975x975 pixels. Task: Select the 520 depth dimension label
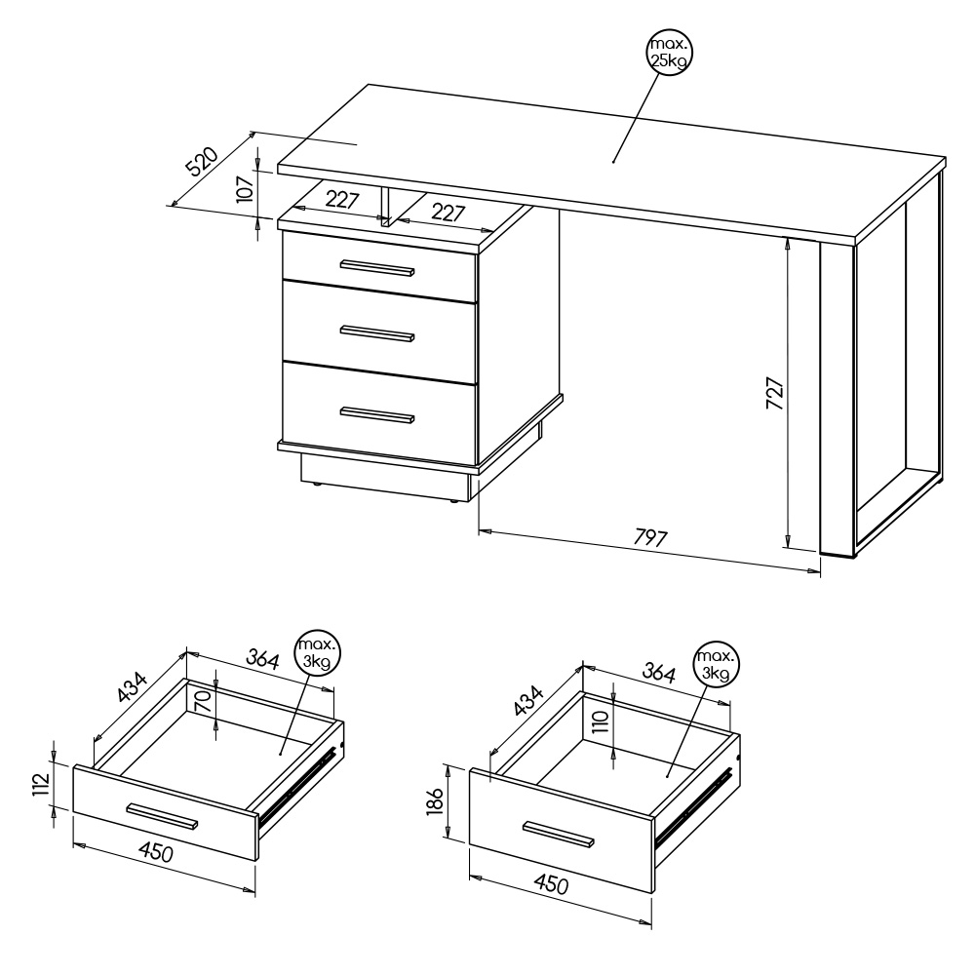click(202, 161)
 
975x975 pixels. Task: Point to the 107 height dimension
click(246, 188)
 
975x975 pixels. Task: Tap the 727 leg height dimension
click(774, 392)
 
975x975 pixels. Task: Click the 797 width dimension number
click(650, 536)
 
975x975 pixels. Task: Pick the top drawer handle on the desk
click(377, 267)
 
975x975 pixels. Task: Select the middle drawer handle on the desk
click(377, 332)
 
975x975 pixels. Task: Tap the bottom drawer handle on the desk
click(377, 414)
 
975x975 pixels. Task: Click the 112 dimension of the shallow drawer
click(41, 784)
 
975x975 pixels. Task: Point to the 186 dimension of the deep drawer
click(435, 800)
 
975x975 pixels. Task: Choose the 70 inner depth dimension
click(203, 703)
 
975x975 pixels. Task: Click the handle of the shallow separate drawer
click(162, 816)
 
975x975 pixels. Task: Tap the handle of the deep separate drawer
click(559, 835)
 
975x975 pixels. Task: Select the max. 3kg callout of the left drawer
click(318, 652)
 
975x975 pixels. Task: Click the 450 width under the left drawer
click(156, 852)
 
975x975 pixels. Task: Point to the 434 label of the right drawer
click(528, 701)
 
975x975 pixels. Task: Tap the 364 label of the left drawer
click(262, 658)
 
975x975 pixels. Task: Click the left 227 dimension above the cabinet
click(342, 199)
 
